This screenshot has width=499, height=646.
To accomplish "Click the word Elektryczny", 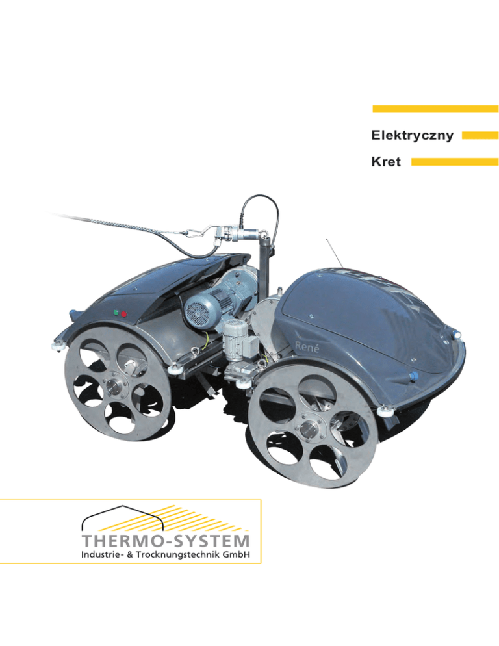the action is click(412, 136).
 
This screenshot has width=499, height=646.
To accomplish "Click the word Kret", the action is click(386, 162).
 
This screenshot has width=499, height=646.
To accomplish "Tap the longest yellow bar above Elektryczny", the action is click(435, 109).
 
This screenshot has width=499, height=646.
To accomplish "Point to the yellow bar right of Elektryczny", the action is click(480, 135).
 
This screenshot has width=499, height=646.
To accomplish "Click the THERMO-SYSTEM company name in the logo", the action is click(166, 541).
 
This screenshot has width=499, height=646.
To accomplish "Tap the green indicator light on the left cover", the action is click(115, 313).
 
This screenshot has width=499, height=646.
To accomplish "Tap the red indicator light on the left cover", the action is click(123, 313).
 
